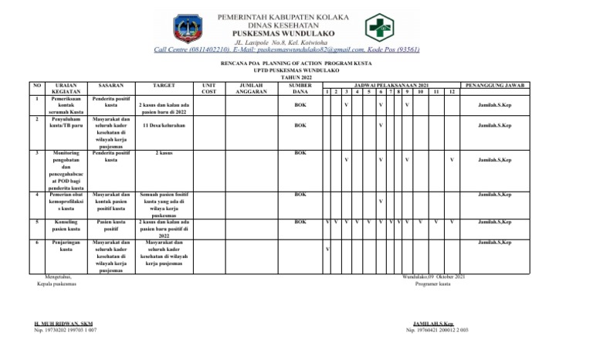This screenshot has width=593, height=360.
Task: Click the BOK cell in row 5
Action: point(300,222)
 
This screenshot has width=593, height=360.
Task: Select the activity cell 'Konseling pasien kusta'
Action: point(66,226)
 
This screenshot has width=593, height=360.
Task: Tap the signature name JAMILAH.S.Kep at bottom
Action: point(432,324)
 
